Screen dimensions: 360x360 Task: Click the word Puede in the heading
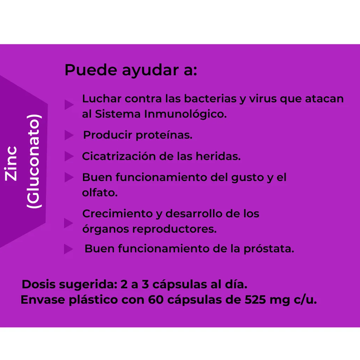(x=91, y=70)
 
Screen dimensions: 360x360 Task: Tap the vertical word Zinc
(x=11, y=163)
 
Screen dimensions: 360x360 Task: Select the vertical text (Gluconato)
(x=34, y=161)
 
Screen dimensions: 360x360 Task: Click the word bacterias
(x=210, y=99)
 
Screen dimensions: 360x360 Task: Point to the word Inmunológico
(x=185, y=114)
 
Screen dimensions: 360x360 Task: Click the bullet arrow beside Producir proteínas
(x=69, y=135)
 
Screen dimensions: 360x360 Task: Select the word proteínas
(x=164, y=135)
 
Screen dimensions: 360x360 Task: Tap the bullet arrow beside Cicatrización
(x=69, y=156)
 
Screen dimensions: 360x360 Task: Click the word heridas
(x=218, y=156)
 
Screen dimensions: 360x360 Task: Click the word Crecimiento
(x=117, y=213)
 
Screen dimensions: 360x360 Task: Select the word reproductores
(x=174, y=229)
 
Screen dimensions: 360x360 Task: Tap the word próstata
(x=269, y=249)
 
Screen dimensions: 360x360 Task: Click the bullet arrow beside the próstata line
(x=69, y=249)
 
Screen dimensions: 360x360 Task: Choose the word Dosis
(x=39, y=284)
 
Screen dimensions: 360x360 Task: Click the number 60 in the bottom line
(x=156, y=300)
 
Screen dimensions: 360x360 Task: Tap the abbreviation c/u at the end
(x=305, y=300)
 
